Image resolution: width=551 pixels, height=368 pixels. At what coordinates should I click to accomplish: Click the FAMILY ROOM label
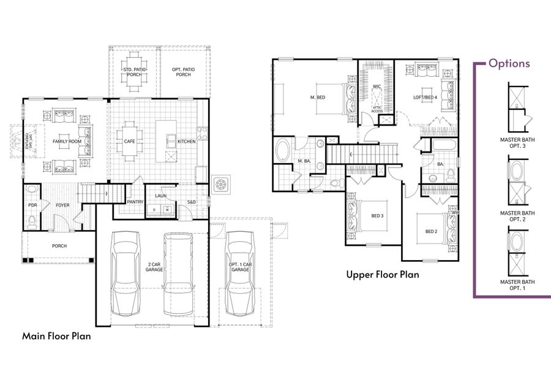pos(67,142)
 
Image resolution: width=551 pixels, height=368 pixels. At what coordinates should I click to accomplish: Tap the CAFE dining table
pos(130,142)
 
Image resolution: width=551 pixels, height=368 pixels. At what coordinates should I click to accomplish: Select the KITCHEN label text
pos(187,142)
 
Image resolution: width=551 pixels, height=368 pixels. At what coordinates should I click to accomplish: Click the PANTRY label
pos(135,201)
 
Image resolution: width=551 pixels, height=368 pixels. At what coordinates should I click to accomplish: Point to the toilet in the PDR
pos(32,220)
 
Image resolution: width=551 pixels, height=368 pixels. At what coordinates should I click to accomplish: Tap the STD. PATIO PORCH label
pos(133,72)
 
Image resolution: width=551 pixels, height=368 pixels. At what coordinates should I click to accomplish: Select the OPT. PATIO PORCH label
pos(183,72)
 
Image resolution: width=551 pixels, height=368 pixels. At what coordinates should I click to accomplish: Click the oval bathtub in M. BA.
pos(283,150)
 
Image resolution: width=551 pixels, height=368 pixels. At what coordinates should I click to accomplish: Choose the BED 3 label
pos(378,216)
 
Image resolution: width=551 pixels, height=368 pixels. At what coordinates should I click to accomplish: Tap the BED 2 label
pos(432,231)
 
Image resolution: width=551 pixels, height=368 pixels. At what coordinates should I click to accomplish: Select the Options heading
pos(509,63)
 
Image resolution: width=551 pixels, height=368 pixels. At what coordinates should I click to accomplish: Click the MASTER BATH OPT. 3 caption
pos(517,142)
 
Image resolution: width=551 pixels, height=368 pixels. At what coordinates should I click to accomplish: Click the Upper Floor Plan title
pos(383,275)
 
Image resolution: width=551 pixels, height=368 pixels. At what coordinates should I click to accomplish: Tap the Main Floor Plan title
pos(57,335)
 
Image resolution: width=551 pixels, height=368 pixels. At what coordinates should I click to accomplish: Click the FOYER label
pos(63,205)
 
